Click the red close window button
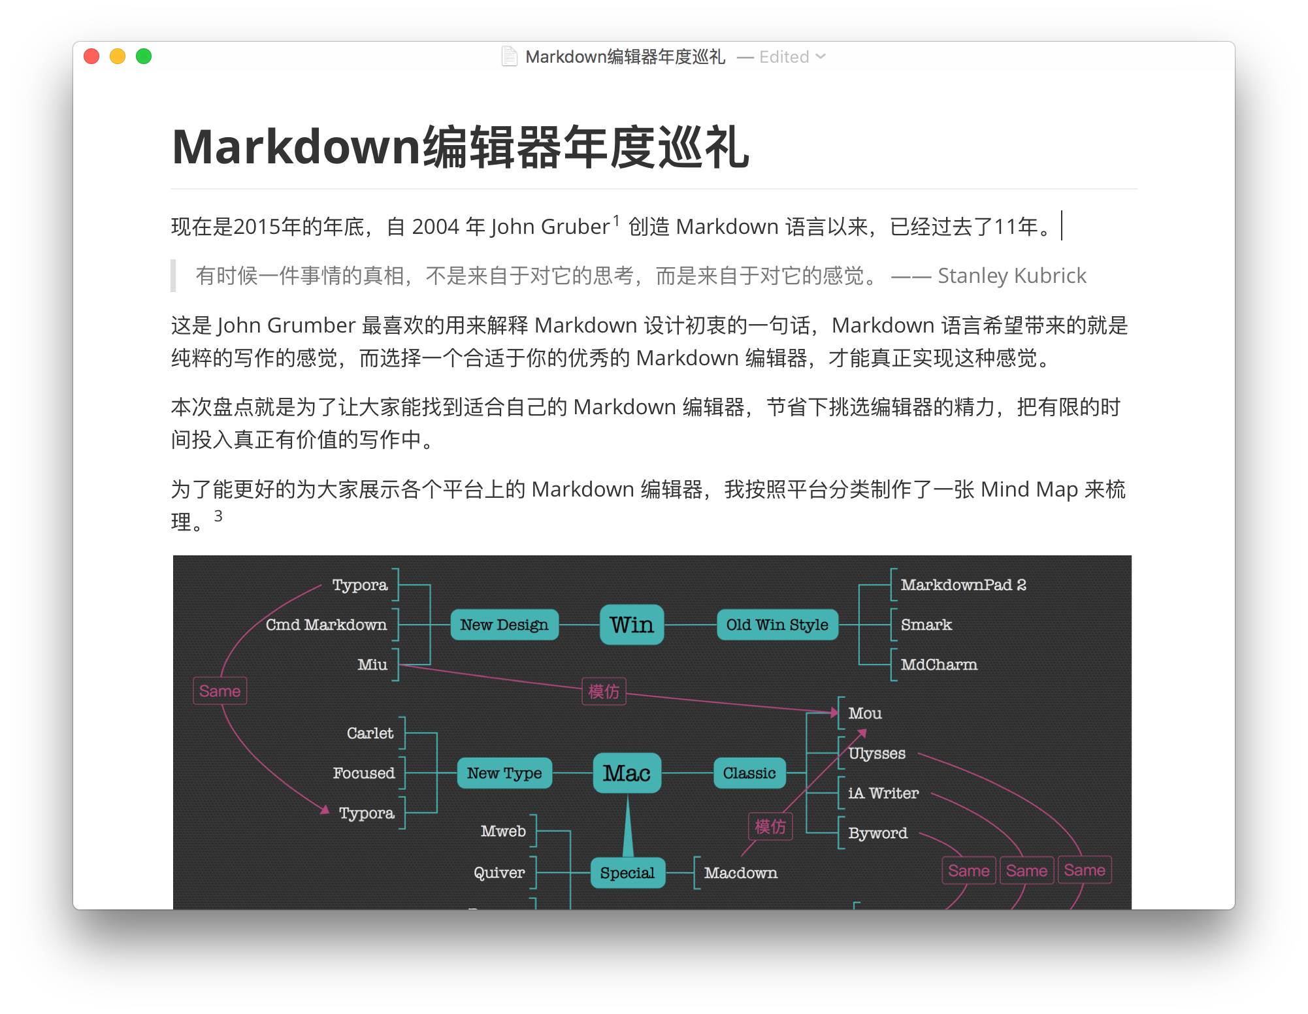click(91, 57)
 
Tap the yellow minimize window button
click(118, 57)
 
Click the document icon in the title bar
click(509, 57)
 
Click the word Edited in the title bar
click(784, 57)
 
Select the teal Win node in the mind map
click(632, 625)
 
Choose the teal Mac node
click(627, 773)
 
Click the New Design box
click(504, 625)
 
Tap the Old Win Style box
click(777, 625)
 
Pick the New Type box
click(504, 773)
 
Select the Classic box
click(749, 773)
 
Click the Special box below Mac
click(627, 873)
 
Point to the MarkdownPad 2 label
click(963, 585)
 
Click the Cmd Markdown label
click(326, 625)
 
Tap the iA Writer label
click(883, 793)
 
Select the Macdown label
click(740, 873)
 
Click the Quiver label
click(499, 873)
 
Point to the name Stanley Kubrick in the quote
click(1011, 276)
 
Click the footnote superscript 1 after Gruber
click(615, 221)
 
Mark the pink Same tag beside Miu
click(220, 691)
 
